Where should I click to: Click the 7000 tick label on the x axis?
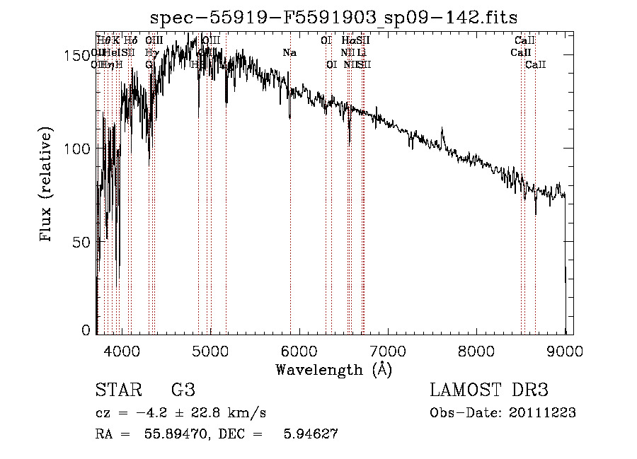[x=388, y=349]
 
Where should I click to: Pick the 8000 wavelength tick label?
[x=476, y=349]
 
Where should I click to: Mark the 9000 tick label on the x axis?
[x=565, y=349]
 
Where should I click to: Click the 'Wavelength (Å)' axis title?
[x=333, y=369]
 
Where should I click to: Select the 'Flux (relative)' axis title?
[x=47, y=186]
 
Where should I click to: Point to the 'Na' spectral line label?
[x=289, y=52]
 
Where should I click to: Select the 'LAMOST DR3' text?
[x=489, y=390]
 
